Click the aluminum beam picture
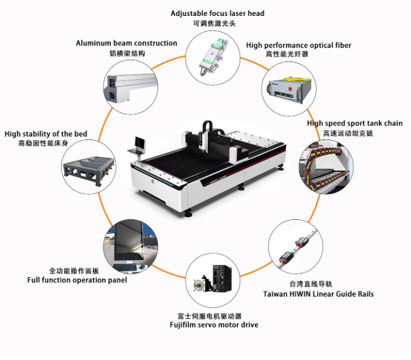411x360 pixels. (130, 88)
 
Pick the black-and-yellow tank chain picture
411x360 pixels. (326, 168)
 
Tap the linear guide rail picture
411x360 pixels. (296, 247)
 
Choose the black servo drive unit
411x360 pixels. (222, 278)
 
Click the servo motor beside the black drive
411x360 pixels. (202, 283)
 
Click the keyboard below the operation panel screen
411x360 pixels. (125, 267)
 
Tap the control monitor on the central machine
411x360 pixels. (140, 142)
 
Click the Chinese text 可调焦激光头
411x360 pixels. (214, 23)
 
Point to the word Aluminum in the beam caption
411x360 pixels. (93, 43)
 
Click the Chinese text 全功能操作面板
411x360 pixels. (74, 270)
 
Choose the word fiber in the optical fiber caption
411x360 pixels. (343, 45)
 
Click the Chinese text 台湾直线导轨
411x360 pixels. (310, 284)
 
